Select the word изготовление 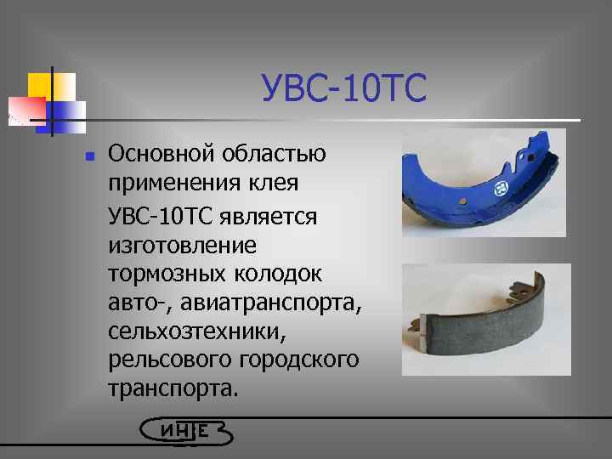coord(183,246)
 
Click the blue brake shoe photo coord(483,183)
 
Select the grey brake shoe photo coord(486,320)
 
